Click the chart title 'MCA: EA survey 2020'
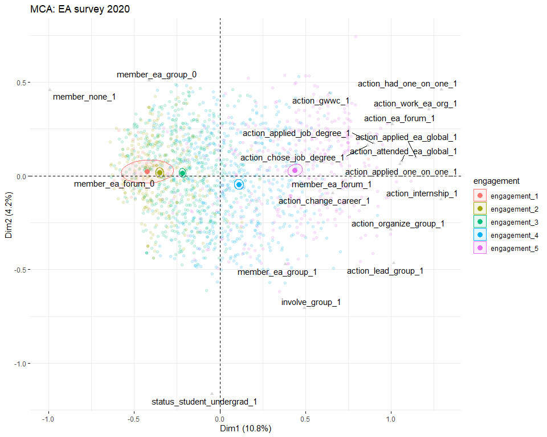(x=80, y=9)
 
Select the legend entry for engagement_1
(x=514, y=196)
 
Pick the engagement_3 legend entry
(x=514, y=222)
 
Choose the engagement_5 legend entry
(x=514, y=249)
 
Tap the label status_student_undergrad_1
(x=204, y=402)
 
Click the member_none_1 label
(x=84, y=97)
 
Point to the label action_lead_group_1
(x=385, y=271)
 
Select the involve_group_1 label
(x=311, y=302)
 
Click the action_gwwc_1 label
(x=321, y=101)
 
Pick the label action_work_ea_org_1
(x=415, y=104)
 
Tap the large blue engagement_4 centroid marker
(x=239, y=184)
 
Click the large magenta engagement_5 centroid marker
(x=295, y=170)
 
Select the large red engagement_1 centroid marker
(x=147, y=171)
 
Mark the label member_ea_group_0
(x=157, y=75)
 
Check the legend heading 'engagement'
(x=496, y=182)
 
